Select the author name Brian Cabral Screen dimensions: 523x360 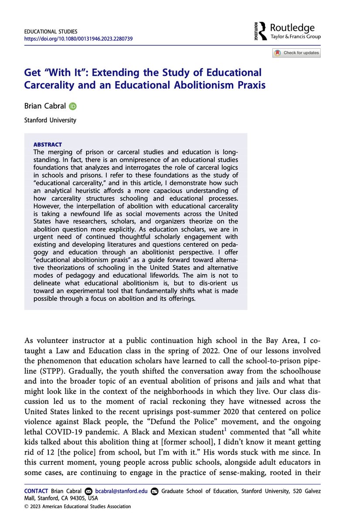pyautogui.click(x=45, y=105)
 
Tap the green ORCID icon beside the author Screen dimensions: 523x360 pyautogui.click(x=72, y=106)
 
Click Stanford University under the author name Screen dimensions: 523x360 pyautogui.click(x=50, y=120)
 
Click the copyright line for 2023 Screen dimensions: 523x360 pyautogui.click(x=77, y=506)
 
